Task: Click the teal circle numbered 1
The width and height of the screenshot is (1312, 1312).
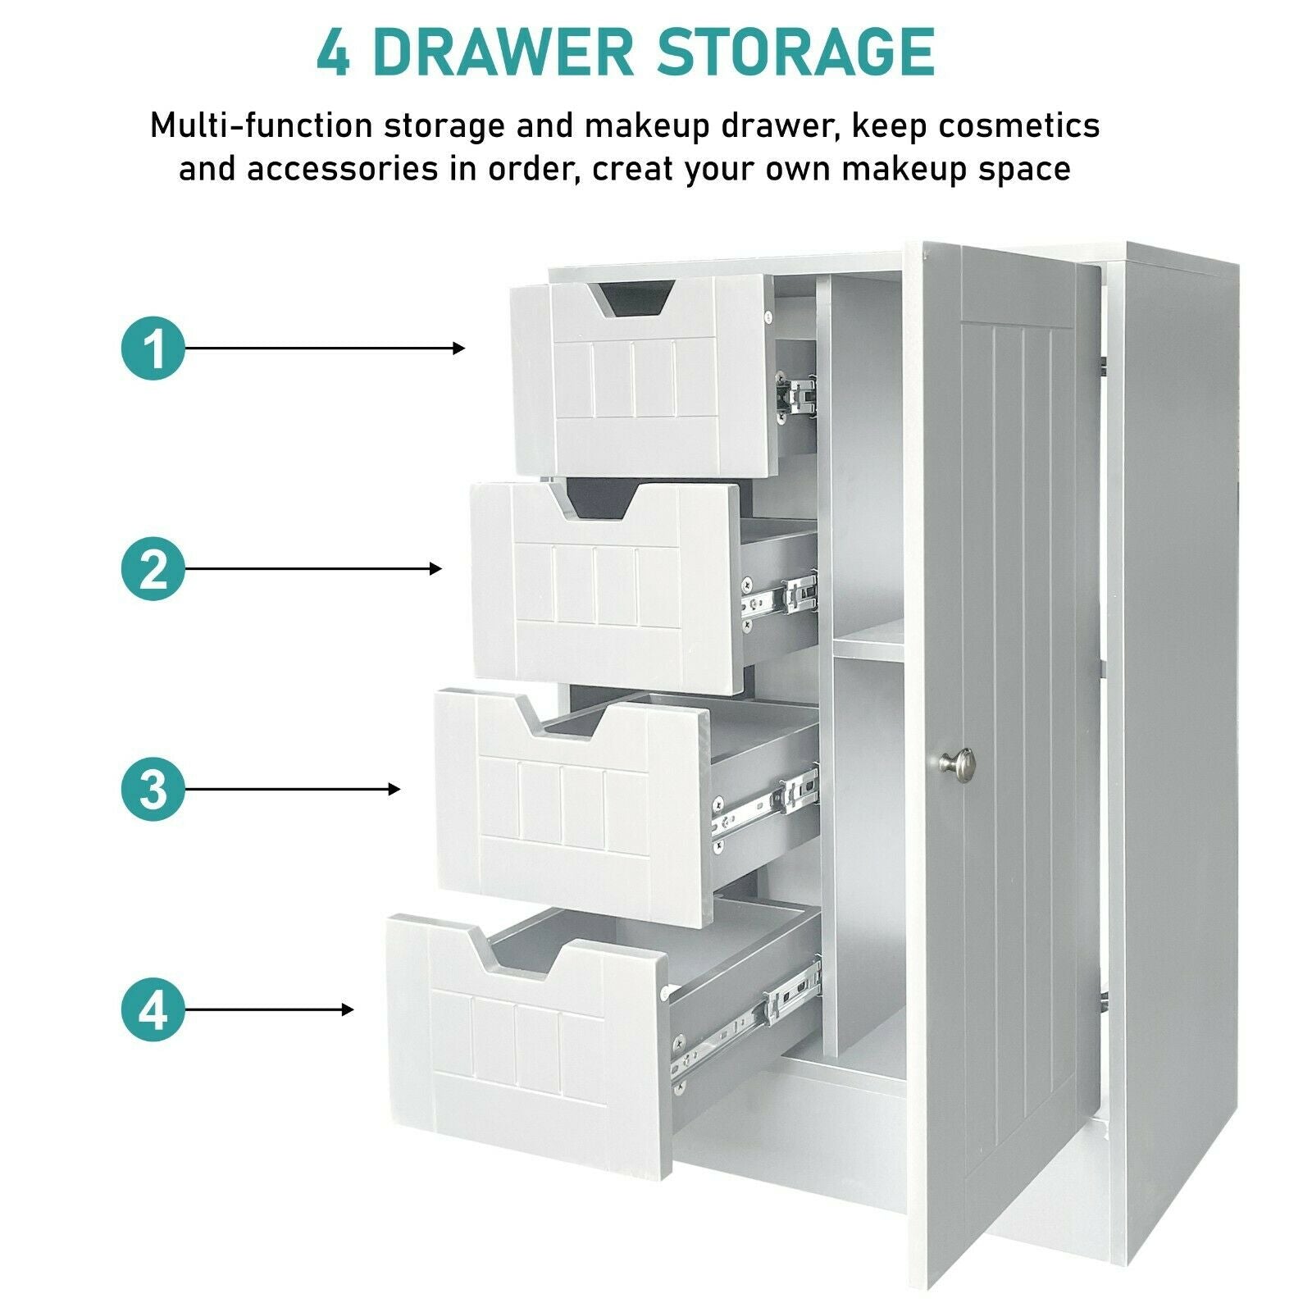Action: (x=153, y=348)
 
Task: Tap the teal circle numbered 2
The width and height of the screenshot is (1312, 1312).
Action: (x=153, y=568)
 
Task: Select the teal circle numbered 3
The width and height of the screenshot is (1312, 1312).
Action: (x=153, y=789)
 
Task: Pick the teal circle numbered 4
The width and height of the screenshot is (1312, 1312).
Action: (x=153, y=1009)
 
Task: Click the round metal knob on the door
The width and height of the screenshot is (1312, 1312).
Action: (x=957, y=763)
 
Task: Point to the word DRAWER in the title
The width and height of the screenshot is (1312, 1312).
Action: (x=503, y=52)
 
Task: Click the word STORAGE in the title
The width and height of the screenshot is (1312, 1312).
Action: (x=795, y=52)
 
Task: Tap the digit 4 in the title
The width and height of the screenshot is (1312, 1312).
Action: (x=333, y=52)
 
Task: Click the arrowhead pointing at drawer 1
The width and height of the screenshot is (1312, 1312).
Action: (x=459, y=348)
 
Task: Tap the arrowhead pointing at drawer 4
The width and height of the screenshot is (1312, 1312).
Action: (x=348, y=1009)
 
